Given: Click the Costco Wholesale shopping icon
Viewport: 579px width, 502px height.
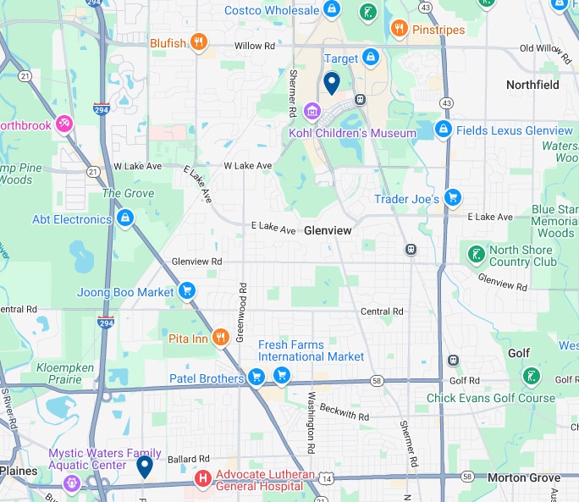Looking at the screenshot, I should (x=332, y=11).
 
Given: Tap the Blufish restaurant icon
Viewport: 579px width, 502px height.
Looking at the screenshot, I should (x=198, y=42).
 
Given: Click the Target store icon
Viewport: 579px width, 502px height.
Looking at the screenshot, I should (x=370, y=58).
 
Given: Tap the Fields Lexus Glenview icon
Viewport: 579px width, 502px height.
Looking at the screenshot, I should (x=443, y=130).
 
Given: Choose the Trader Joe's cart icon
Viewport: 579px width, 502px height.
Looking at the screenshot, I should (x=453, y=198).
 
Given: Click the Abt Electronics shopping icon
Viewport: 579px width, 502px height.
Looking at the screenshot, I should (x=125, y=219).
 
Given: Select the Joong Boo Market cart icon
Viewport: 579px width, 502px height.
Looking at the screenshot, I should (x=188, y=291).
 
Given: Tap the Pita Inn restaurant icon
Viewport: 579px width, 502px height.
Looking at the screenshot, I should (x=221, y=338).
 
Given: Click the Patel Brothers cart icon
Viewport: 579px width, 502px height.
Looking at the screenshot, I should (x=256, y=378).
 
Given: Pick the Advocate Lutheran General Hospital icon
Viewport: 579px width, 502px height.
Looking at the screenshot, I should (x=203, y=479).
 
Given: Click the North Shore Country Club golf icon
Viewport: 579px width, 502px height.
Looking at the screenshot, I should (x=476, y=253).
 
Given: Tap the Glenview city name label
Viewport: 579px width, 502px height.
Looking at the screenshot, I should (x=327, y=230).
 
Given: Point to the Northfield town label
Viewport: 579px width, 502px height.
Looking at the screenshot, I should (x=532, y=85).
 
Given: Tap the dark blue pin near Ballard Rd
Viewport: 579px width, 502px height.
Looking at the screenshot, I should (x=145, y=466).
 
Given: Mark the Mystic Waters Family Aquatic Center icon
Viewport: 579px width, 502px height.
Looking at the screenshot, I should (x=71, y=483).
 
